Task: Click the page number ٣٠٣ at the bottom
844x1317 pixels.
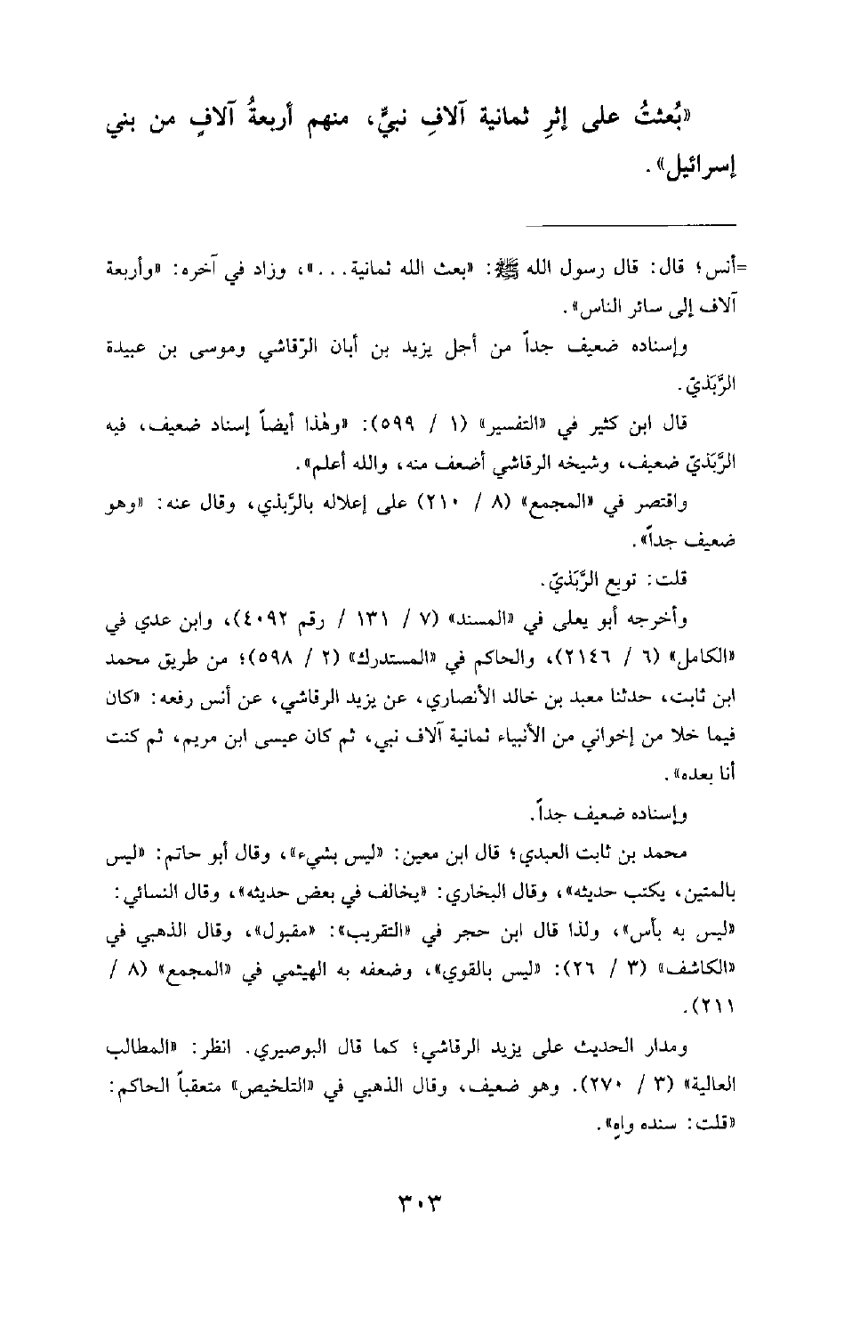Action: click(x=421, y=1208)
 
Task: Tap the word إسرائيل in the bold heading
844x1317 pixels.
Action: click(x=697, y=166)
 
